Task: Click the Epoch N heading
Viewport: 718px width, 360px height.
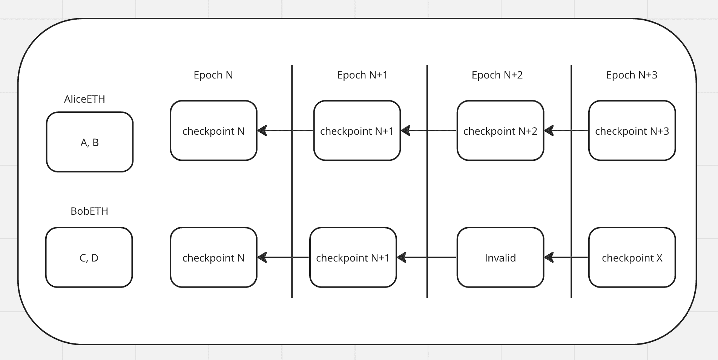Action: (x=213, y=75)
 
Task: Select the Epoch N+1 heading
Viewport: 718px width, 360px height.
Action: (x=362, y=75)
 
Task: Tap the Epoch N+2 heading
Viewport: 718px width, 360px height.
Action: (x=497, y=75)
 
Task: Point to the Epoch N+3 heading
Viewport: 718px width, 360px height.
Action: (x=632, y=75)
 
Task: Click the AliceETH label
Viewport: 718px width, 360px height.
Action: (x=84, y=99)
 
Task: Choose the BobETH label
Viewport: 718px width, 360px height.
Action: (x=89, y=211)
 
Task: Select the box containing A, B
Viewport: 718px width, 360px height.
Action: (x=90, y=142)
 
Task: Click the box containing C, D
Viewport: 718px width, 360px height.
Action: (x=89, y=257)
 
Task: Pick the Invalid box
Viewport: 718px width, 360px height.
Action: (x=500, y=257)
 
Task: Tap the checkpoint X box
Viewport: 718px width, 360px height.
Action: (x=632, y=257)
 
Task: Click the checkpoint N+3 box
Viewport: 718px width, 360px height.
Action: (x=632, y=131)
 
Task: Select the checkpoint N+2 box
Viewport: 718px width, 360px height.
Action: (x=500, y=131)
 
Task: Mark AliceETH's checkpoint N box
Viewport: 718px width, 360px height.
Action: (x=213, y=131)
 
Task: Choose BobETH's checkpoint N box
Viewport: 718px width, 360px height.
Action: (x=213, y=257)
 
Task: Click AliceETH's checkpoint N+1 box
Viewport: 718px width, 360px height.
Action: (x=357, y=131)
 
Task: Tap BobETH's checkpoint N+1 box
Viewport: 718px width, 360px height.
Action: (x=353, y=257)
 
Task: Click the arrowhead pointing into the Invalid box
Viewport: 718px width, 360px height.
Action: (x=549, y=257)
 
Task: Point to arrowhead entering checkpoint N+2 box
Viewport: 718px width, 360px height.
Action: (x=549, y=131)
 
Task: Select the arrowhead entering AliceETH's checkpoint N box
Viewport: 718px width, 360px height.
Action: (x=262, y=131)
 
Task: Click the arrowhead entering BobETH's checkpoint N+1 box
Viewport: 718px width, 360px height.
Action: (x=402, y=257)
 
